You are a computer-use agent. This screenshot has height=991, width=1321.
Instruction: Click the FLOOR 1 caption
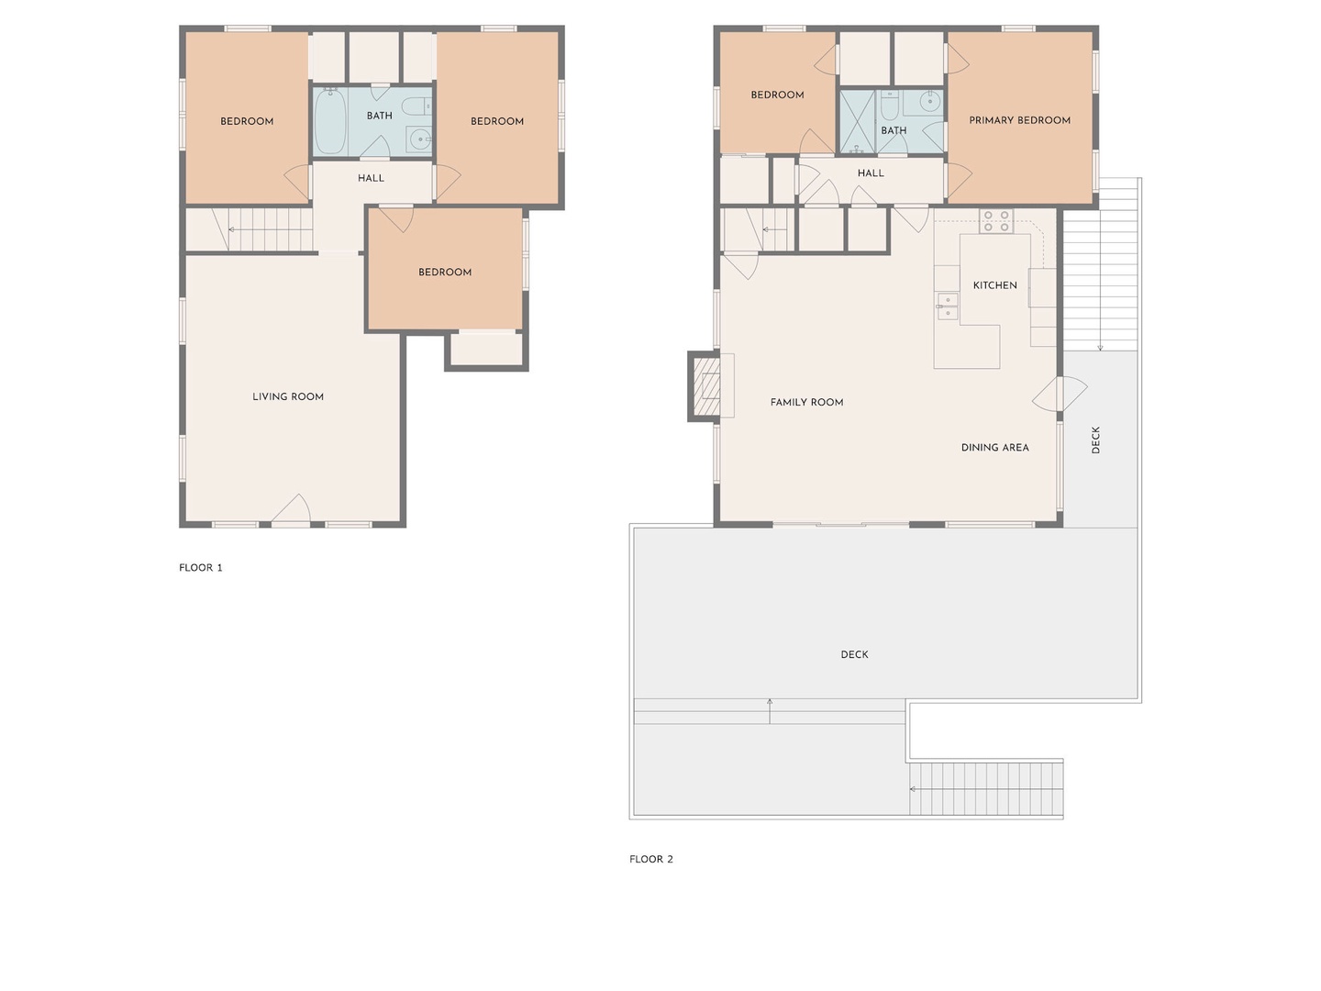(x=200, y=567)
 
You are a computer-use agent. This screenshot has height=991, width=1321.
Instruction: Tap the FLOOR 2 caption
(x=650, y=859)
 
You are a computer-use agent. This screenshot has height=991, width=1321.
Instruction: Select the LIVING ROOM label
(x=288, y=396)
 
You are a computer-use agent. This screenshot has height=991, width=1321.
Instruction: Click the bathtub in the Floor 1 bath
(x=330, y=121)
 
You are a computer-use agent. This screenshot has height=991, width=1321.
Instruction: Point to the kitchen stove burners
(x=996, y=221)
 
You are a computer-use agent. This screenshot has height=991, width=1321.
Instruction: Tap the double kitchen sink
(x=948, y=306)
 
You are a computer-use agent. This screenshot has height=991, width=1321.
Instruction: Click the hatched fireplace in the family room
(x=706, y=385)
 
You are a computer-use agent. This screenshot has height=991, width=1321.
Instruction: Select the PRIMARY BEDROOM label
(x=1019, y=120)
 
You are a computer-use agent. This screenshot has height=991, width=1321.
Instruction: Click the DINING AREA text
(x=994, y=448)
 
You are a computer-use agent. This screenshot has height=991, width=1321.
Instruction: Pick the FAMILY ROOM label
(x=806, y=403)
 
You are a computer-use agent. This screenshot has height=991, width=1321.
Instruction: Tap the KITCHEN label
(x=994, y=285)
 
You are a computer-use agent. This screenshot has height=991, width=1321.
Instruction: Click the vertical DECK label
(x=1095, y=440)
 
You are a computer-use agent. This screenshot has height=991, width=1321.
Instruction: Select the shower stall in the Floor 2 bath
(x=857, y=121)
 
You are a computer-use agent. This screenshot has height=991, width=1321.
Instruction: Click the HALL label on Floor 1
(x=371, y=178)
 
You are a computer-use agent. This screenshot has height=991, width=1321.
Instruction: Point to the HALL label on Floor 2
(x=871, y=173)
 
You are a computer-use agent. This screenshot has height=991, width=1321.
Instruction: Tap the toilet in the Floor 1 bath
(x=416, y=106)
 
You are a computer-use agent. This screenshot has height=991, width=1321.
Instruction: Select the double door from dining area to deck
(x=1060, y=395)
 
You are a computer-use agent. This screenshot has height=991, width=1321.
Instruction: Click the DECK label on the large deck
(x=854, y=654)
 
